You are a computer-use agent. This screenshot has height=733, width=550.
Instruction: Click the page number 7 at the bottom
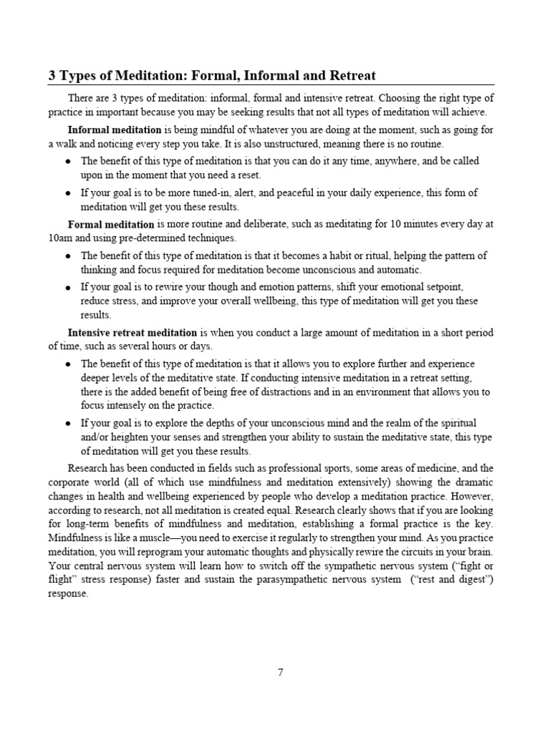click(x=281, y=672)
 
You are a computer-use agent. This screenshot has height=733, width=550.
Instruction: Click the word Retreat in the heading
click(x=351, y=75)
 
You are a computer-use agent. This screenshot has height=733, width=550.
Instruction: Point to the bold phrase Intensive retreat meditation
click(x=132, y=332)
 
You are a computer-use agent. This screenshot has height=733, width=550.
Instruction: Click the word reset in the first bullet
click(x=248, y=175)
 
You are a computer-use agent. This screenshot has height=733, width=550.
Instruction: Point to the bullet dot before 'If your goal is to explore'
click(x=68, y=423)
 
